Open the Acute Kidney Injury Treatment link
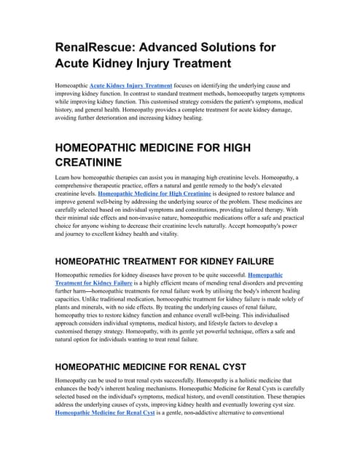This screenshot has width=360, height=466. (x=130, y=85)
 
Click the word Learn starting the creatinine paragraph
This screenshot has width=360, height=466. (x=63, y=177)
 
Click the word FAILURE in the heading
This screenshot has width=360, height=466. (x=243, y=261)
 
